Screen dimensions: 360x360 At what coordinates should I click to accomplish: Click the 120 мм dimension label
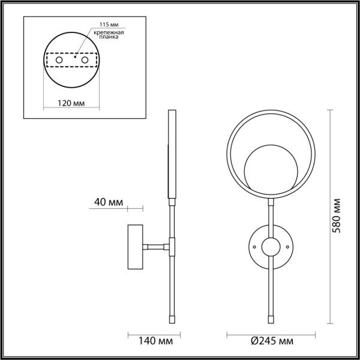point(71,103)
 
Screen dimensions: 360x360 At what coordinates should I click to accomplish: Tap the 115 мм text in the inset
point(109,25)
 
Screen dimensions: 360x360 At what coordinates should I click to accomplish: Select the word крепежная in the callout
point(109,32)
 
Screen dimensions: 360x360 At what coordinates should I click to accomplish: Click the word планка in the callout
point(109,37)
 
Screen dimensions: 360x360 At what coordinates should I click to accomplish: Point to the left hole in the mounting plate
point(59,60)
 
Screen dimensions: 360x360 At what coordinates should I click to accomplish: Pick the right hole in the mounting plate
point(85,60)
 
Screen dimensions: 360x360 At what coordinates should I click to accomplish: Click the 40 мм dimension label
point(109,202)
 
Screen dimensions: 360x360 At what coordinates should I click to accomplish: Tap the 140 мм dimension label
point(155,341)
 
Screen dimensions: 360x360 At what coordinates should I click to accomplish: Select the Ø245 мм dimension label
point(272,341)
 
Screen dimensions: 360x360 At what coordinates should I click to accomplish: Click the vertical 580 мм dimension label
point(337,216)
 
